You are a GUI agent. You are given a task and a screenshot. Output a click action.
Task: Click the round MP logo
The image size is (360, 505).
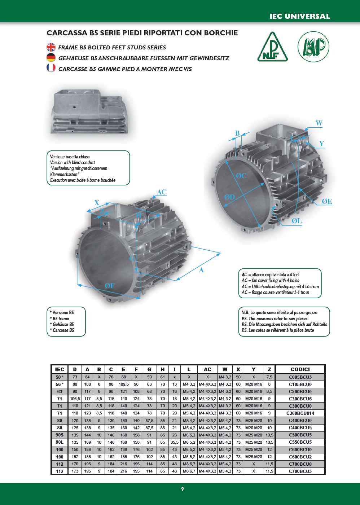[313, 47]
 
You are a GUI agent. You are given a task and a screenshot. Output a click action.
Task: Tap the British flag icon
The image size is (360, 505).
[51, 47]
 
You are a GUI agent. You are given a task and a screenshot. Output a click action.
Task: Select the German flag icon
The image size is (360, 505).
[51, 58]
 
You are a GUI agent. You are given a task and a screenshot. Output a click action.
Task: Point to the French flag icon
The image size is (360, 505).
[51, 68]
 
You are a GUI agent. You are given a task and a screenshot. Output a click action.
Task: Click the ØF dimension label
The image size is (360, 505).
[109, 286]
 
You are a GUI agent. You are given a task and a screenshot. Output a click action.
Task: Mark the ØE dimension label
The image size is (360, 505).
[327, 202]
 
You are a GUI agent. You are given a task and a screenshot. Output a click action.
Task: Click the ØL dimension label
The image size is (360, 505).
[297, 221]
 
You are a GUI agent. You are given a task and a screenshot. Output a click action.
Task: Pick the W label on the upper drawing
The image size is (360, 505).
[319, 123]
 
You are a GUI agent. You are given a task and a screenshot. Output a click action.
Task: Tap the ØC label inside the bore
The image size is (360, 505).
[241, 176]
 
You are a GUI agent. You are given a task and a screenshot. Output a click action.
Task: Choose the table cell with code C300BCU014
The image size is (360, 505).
[300, 413]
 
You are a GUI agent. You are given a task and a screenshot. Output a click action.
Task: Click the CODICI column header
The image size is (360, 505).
[300, 369]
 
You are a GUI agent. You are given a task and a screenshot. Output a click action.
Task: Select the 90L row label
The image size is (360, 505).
[60, 442]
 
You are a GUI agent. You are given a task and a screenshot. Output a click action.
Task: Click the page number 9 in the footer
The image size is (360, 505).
[182, 489]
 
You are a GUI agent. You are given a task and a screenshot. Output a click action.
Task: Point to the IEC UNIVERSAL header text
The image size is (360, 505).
[300, 16]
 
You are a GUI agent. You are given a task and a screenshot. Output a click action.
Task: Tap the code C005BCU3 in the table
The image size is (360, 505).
[300, 377]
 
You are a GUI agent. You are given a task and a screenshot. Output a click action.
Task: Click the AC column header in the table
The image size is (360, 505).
[207, 369]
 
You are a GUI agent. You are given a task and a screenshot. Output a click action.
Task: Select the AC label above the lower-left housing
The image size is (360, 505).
[162, 192]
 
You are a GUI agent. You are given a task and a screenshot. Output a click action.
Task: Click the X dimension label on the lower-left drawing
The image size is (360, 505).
[97, 203]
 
